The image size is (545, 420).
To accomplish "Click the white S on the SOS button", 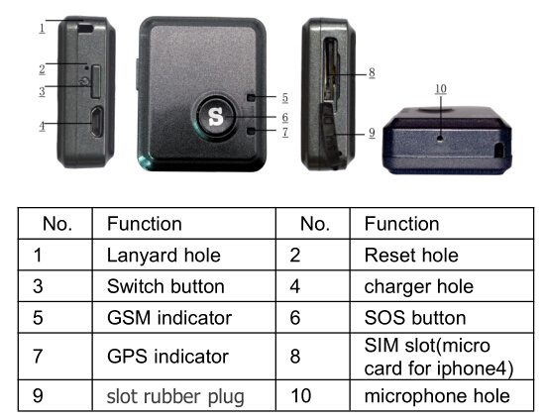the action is click(216, 117).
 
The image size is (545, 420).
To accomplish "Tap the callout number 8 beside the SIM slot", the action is click(372, 73).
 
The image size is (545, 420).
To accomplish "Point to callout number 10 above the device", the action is click(441, 89).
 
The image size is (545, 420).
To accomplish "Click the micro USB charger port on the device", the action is click(97, 122).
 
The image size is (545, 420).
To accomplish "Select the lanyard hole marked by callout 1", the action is click(85, 28).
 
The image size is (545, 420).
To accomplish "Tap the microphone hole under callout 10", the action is click(440, 139).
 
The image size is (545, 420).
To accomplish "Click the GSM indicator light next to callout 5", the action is click(251, 98).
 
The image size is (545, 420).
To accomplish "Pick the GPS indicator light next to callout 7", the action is click(251, 131).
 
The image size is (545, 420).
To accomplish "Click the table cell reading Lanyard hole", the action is click(163, 256).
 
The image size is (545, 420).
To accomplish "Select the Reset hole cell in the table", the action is click(411, 256).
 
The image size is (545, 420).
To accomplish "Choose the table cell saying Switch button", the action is click(165, 286).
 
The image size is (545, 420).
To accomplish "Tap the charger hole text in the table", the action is click(419, 287).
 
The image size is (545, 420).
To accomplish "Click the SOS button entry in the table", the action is click(415, 318).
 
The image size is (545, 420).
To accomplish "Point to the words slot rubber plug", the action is click(175, 397).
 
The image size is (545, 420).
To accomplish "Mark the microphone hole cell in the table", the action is click(437, 396).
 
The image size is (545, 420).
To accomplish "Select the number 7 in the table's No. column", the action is click(38, 357).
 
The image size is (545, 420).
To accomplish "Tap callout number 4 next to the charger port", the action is click(42, 126).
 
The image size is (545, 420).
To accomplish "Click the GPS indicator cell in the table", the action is click(167, 357).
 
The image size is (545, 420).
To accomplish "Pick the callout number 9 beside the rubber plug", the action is click(372, 133).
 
